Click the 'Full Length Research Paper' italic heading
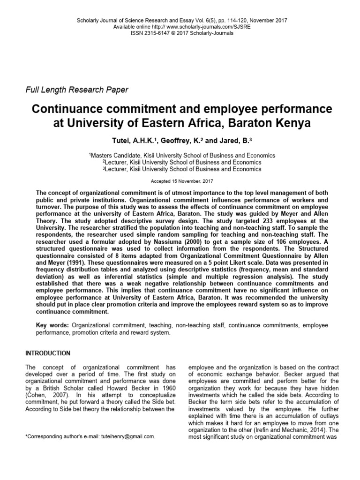pos(76,89)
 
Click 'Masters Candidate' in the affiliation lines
pos(116,155)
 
